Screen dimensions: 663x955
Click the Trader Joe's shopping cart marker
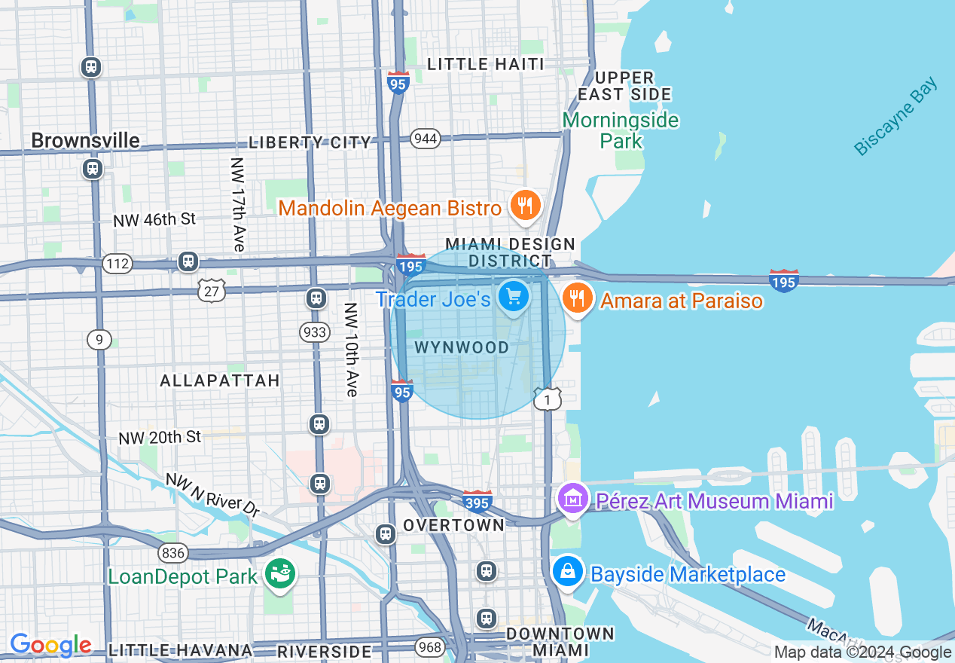click(514, 297)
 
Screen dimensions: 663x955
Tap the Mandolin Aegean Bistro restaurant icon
click(525, 205)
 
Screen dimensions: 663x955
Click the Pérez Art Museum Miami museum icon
click(572, 499)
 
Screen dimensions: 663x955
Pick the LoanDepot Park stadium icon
click(281, 575)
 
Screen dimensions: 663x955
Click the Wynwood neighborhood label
click(462, 347)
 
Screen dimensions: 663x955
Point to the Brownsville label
click(85, 141)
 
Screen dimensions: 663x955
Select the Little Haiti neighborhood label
click(485, 64)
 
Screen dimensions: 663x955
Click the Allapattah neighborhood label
click(220, 380)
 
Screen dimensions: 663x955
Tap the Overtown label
click(453, 524)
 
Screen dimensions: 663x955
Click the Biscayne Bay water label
click(896, 117)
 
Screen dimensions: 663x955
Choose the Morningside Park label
click(621, 130)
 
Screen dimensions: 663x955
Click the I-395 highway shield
click(477, 500)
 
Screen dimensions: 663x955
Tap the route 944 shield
click(426, 139)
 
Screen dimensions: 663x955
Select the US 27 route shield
click(212, 290)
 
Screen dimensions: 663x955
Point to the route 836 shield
click(172, 553)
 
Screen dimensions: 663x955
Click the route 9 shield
click(99, 340)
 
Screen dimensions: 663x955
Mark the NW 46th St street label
click(154, 219)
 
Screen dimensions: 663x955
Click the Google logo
click(50, 645)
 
